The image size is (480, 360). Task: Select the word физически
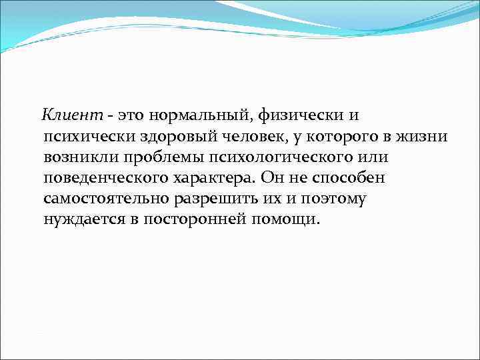click(x=299, y=115)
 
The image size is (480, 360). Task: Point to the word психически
click(x=86, y=137)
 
